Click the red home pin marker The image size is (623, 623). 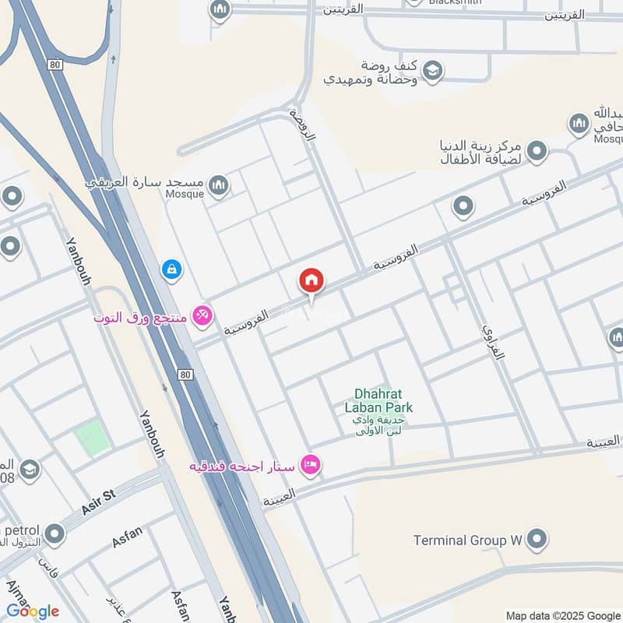[x=311, y=281]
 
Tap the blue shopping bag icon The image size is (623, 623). [x=171, y=270]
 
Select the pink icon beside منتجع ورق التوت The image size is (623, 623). [x=203, y=315]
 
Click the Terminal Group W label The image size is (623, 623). [x=466, y=540]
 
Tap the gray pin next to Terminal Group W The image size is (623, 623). [x=537, y=538]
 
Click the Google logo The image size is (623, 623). [x=33, y=611]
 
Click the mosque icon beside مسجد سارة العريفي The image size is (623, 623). [x=220, y=185]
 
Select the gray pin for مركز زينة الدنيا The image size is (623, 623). [x=535, y=151]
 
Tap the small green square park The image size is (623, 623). [x=92, y=437]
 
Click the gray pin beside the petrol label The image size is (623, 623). [x=55, y=534]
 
